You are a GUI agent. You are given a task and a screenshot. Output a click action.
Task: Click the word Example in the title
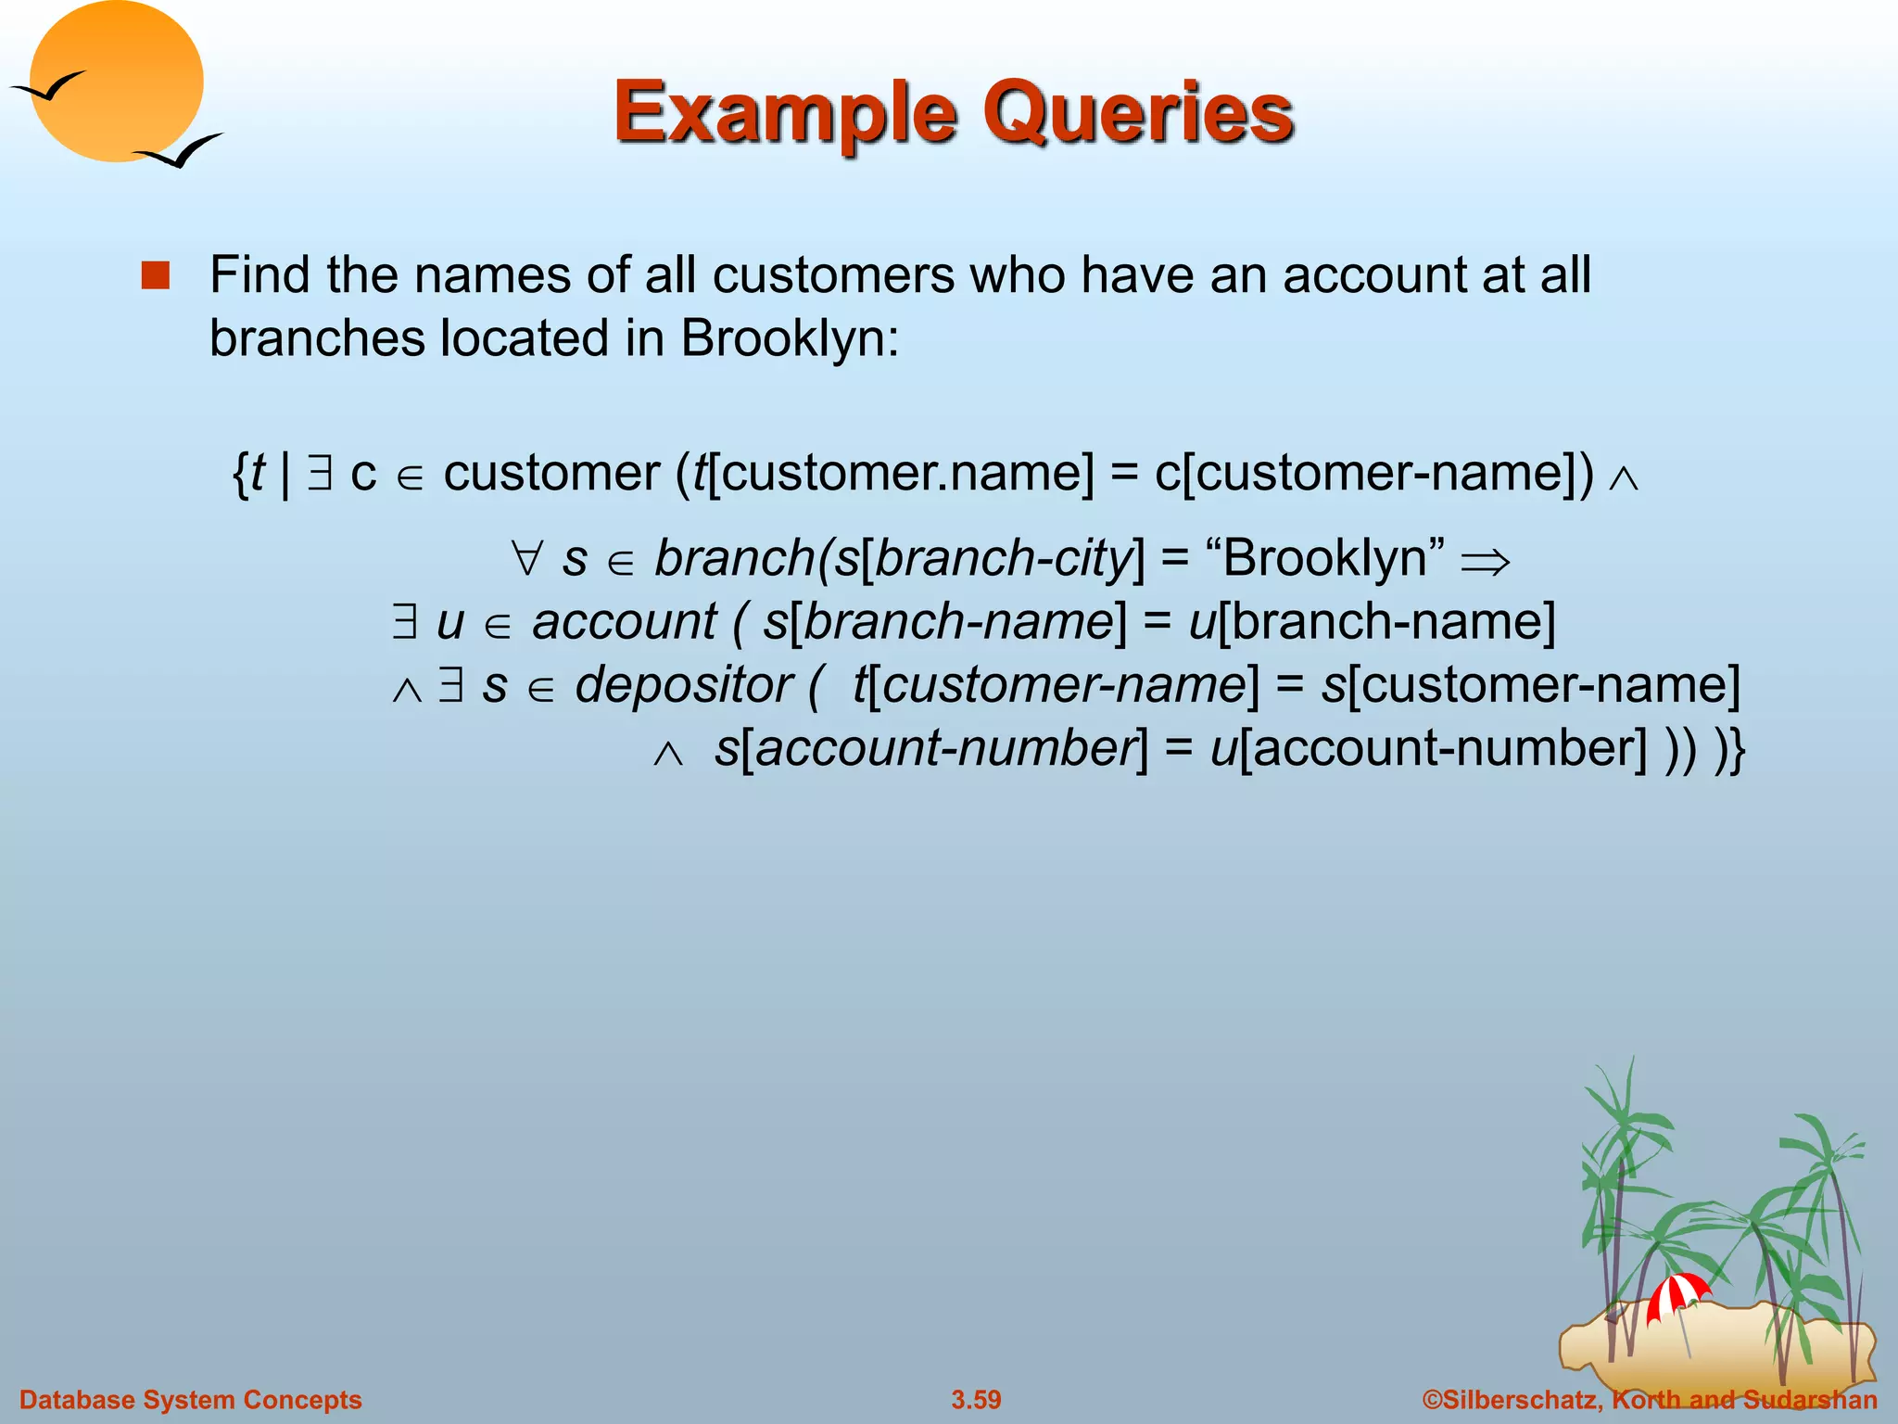pos(784,113)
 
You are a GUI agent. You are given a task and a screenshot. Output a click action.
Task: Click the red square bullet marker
pos(156,276)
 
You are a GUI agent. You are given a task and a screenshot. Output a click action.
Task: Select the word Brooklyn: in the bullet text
pos(790,338)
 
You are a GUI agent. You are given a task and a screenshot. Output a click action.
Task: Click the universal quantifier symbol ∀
pos(526,559)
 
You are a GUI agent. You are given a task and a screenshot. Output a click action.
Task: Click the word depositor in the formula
pos(683,685)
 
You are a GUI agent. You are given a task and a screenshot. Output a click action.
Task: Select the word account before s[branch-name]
pos(624,621)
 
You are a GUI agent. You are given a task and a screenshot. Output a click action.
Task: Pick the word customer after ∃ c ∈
pos(551,473)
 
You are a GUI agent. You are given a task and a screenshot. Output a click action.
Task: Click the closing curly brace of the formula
pos(1736,749)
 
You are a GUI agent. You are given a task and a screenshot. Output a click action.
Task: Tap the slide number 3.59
pos(976,1399)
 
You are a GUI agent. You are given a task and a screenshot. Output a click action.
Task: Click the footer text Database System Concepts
pos(191,1399)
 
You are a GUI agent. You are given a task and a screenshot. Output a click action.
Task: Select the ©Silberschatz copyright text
pos(1650,1399)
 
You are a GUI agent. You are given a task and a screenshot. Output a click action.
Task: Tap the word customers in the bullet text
pos(833,275)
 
